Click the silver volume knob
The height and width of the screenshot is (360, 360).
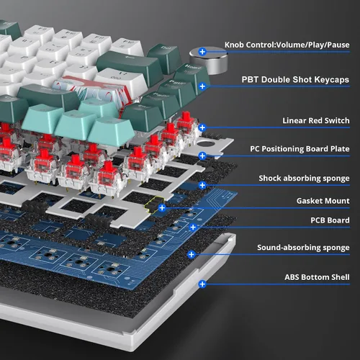[x=208, y=60]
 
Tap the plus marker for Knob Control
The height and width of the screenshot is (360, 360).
[x=202, y=51]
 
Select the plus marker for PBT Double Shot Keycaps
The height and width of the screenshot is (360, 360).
[x=202, y=86]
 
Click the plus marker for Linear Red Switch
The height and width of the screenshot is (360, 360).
[x=202, y=127]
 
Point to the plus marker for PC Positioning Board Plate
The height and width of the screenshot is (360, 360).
[x=202, y=156]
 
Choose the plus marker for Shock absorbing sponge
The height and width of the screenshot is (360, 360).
[x=202, y=185]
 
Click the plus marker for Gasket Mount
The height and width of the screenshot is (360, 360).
[x=162, y=207]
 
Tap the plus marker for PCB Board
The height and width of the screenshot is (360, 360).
[x=193, y=227]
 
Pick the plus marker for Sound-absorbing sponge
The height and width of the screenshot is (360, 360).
[x=192, y=254]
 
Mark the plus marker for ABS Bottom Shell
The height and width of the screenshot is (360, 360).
[x=202, y=284]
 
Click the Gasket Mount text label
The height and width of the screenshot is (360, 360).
[x=323, y=201]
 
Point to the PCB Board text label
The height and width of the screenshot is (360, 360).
[x=330, y=220]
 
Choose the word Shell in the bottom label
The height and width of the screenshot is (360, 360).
[x=341, y=277]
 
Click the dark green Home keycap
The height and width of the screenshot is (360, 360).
[x=192, y=76]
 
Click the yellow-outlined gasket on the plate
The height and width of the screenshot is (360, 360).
[x=153, y=204]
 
